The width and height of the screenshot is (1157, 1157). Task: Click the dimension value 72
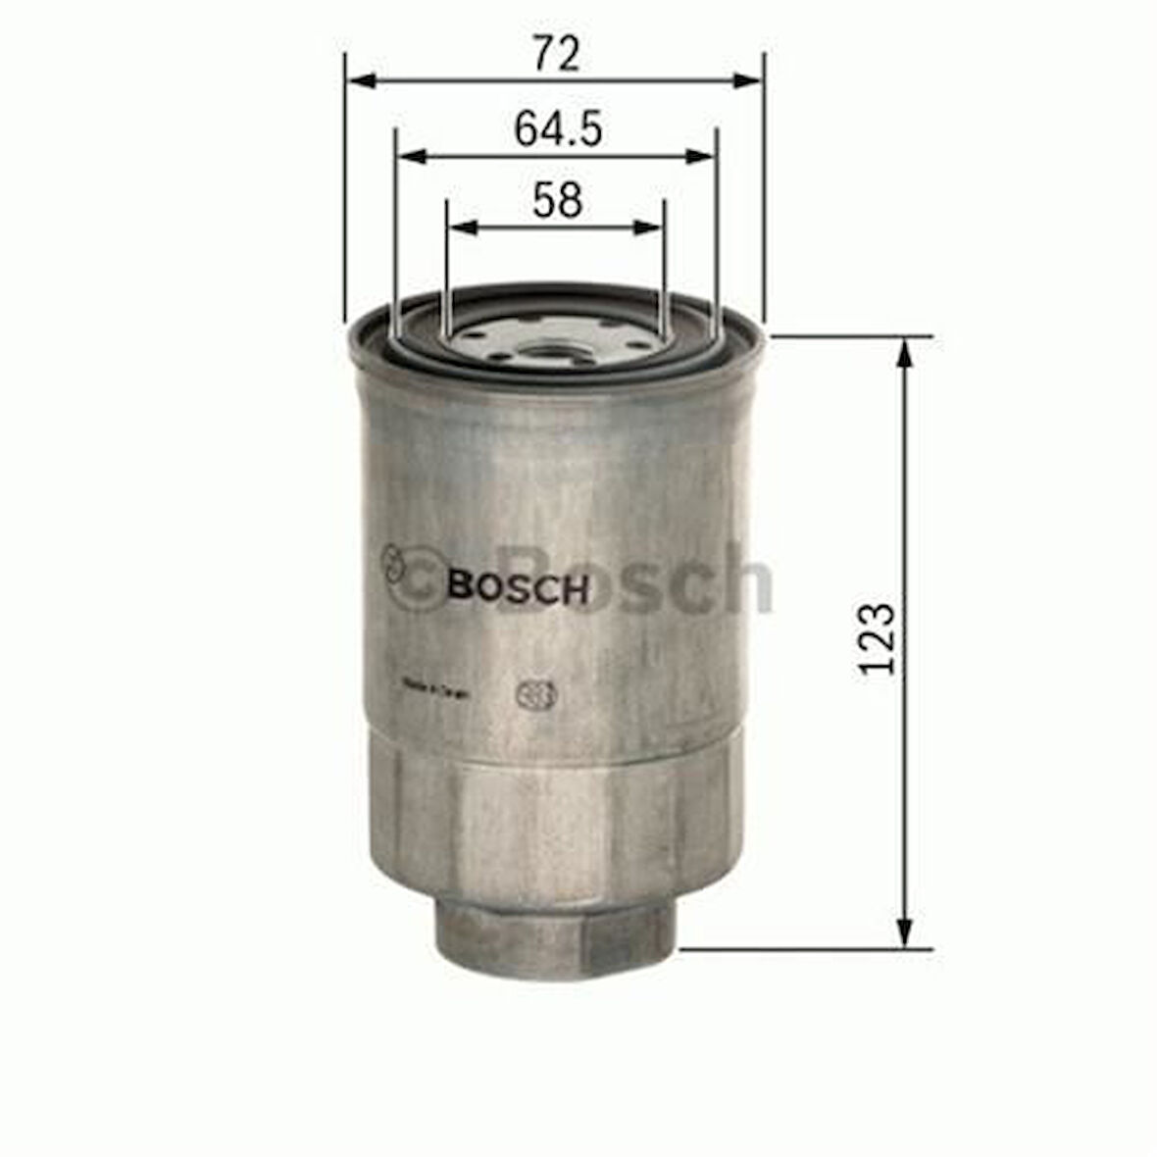pos(556,55)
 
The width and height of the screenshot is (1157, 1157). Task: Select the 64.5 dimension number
pos(557,129)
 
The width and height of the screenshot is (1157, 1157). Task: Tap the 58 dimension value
pos(557,201)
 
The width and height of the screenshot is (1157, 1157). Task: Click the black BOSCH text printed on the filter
pos(519,588)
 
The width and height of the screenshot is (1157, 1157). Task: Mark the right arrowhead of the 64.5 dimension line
pos(700,156)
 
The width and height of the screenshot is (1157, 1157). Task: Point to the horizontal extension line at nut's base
pos(804,949)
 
